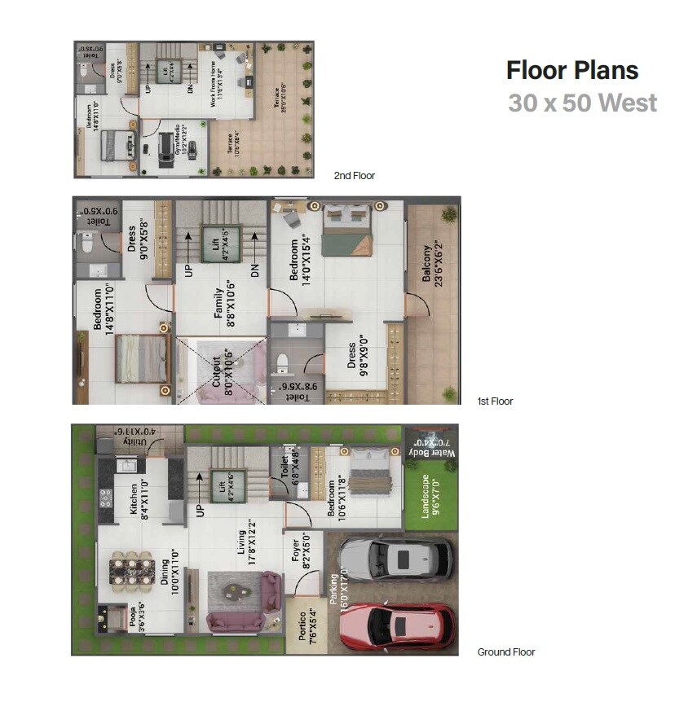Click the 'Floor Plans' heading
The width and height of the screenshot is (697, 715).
coord(571,70)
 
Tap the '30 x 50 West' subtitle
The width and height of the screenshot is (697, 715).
coord(582,104)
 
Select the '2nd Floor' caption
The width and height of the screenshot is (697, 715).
coord(355,176)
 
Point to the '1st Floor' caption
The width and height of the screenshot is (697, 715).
coord(495,401)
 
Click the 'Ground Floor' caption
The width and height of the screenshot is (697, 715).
coord(505,652)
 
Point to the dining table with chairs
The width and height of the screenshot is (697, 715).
coord(131,569)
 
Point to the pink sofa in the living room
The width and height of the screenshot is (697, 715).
coord(236,623)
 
